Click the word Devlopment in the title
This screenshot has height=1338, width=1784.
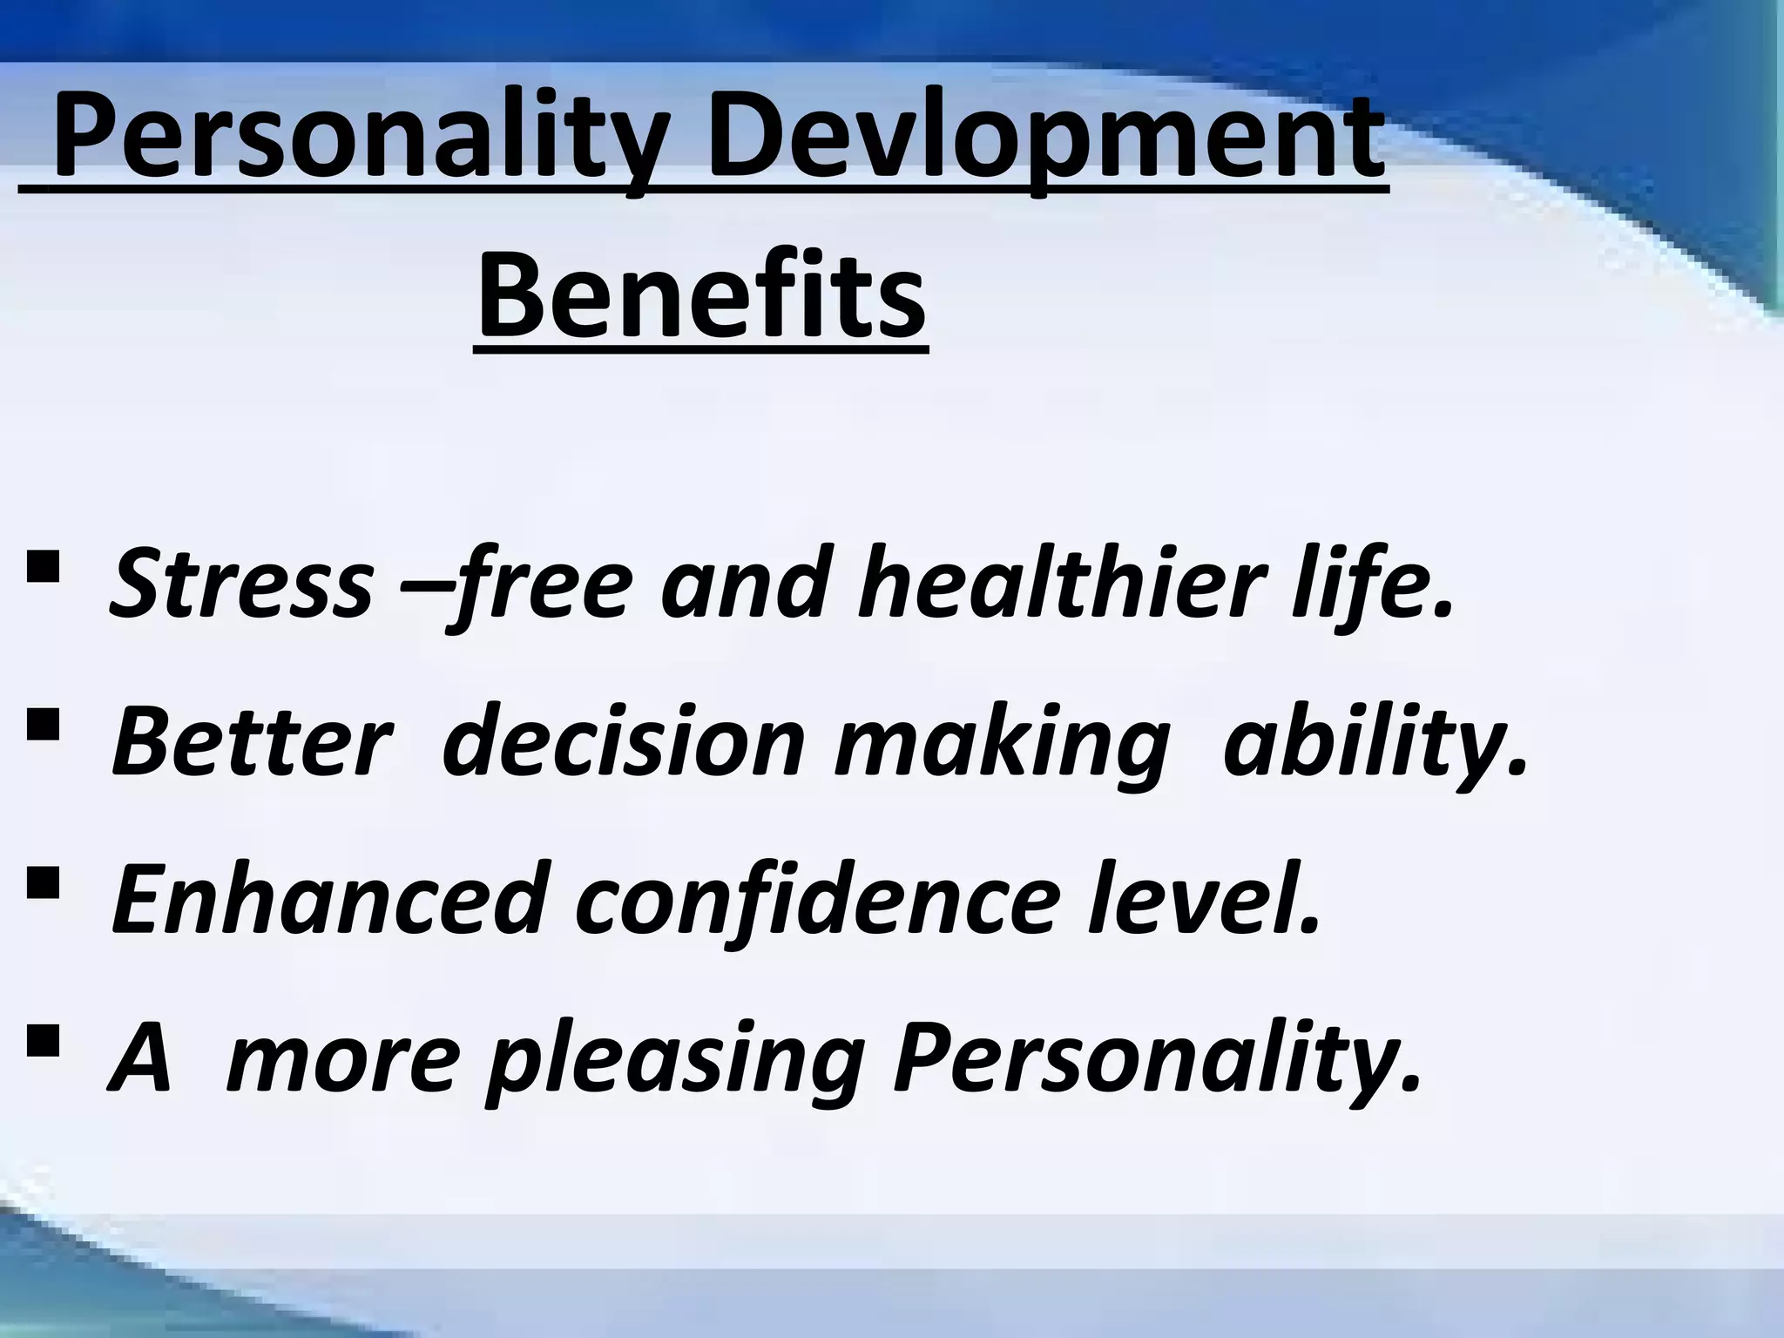1044,139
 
